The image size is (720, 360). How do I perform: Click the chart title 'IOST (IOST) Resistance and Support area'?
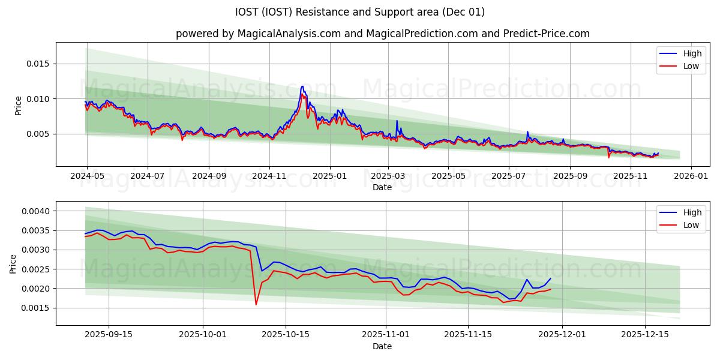[360, 12]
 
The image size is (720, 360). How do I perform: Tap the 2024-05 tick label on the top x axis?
[87, 176]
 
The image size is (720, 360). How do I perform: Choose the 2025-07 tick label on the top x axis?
[509, 176]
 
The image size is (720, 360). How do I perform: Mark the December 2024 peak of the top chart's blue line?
[302, 86]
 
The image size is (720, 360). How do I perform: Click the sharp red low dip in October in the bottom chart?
[256, 304]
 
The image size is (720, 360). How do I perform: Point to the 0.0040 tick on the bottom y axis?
[38, 211]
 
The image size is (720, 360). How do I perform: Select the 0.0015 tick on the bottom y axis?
[38, 308]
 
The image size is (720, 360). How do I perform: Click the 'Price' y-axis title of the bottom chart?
[13, 263]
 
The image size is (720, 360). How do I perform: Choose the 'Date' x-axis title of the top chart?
[382, 187]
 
